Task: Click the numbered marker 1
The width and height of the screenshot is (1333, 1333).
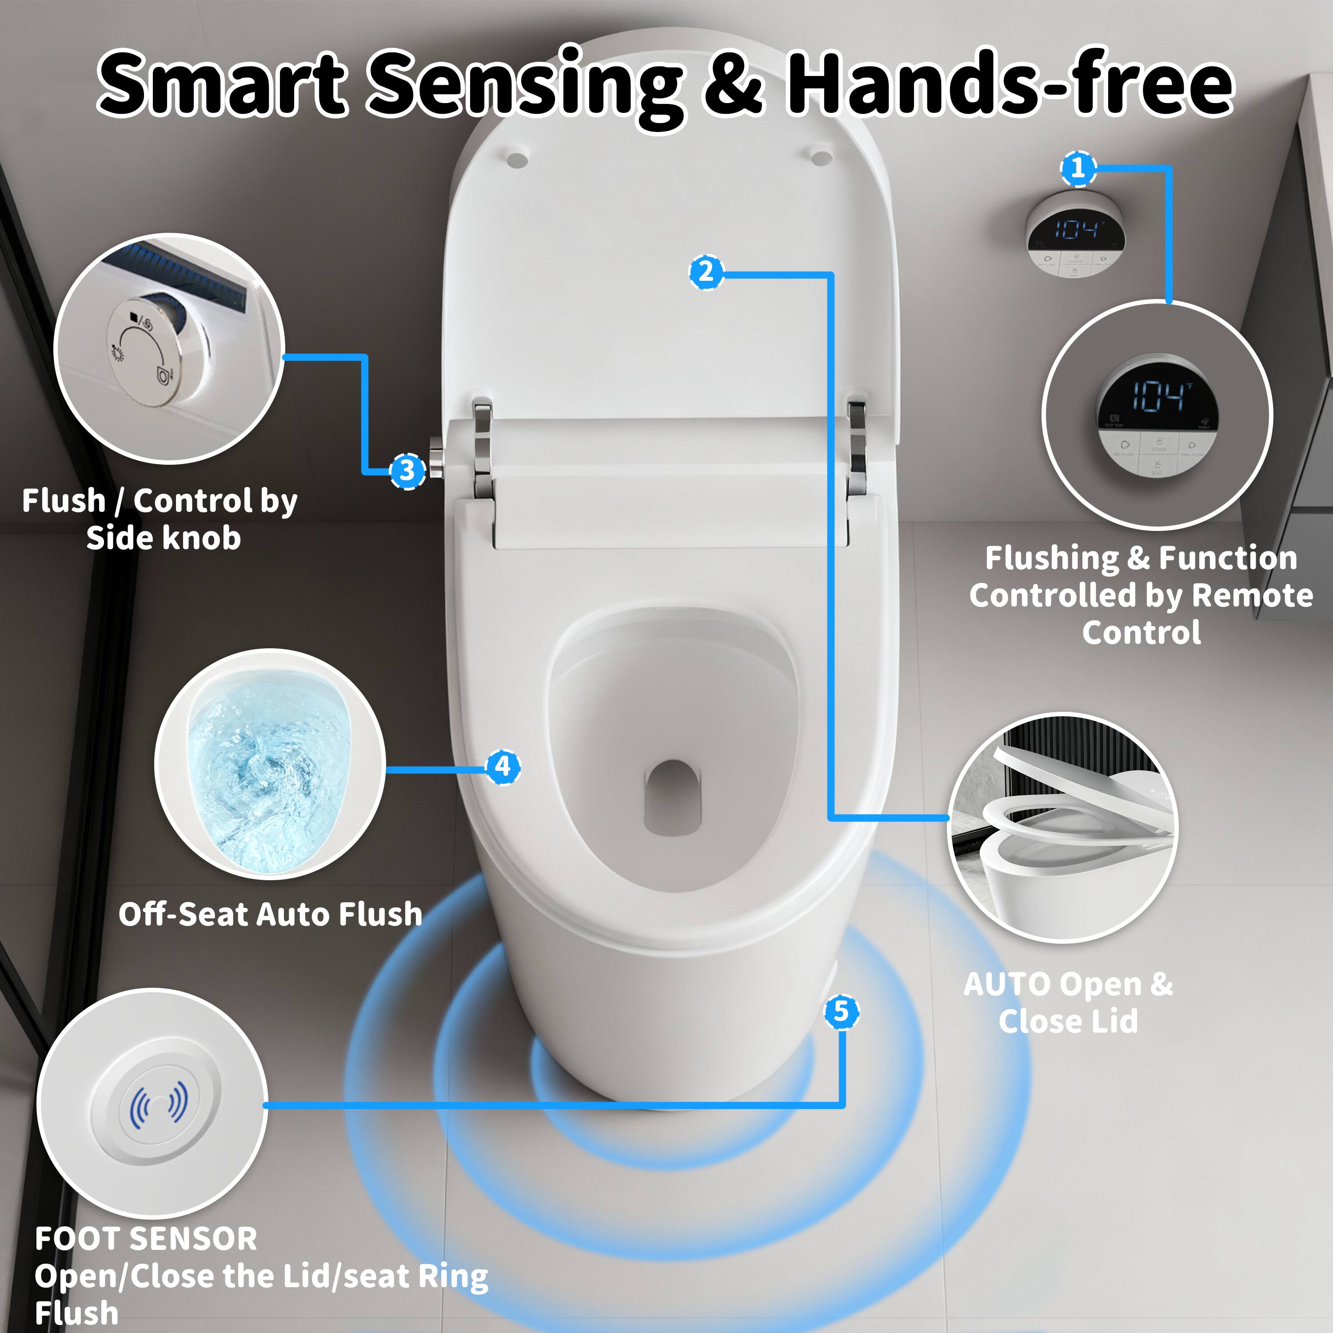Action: click(x=1078, y=168)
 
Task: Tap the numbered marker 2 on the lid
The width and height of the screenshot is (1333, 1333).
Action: click(x=706, y=272)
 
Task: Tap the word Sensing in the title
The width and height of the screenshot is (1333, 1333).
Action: click(x=524, y=86)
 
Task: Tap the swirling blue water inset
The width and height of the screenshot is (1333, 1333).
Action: click(x=269, y=764)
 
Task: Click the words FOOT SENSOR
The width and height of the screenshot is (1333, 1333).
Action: click(x=146, y=1239)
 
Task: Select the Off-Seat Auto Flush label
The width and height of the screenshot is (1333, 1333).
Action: click(x=271, y=914)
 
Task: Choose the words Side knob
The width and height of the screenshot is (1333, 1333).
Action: click(x=164, y=538)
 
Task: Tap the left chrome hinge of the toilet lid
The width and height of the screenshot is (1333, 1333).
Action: click(x=483, y=448)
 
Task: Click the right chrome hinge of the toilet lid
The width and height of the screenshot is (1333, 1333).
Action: click(x=857, y=445)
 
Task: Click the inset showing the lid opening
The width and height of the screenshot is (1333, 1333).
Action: click(x=1062, y=828)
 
